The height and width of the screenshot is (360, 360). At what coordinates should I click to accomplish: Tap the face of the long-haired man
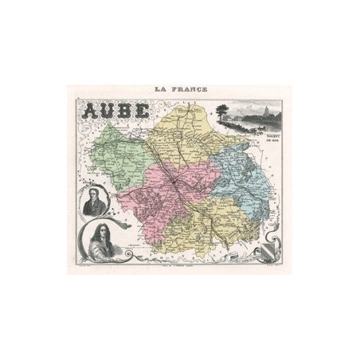101,232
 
